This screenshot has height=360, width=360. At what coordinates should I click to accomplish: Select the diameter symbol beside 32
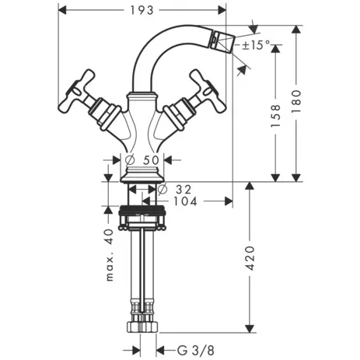163,189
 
